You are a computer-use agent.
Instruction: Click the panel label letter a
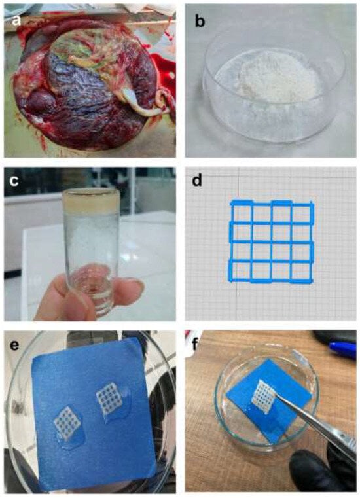(16, 21)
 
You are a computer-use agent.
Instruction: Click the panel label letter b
(200, 21)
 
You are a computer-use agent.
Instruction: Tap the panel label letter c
(14, 181)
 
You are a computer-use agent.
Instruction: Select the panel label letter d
(197, 180)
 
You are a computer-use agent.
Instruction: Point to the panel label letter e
(14, 345)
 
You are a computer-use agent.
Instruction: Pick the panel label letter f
(195, 344)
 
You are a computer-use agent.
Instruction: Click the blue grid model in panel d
(272, 241)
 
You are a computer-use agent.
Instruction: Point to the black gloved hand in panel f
(321, 470)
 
